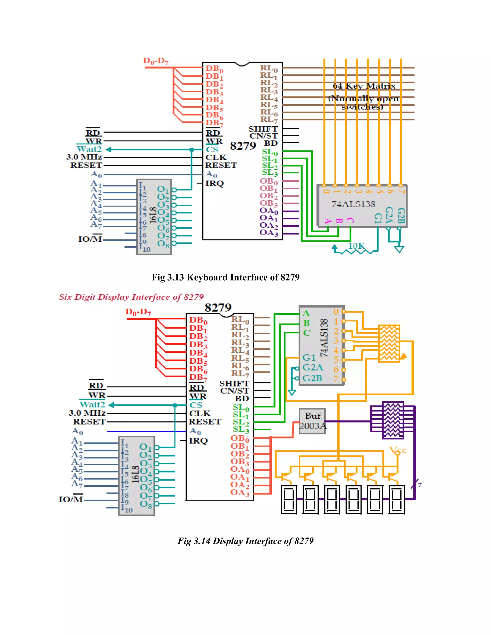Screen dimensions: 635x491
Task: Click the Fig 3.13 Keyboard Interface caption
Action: click(x=225, y=277)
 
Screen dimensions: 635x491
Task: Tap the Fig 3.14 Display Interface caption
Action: click(x=245, y=541)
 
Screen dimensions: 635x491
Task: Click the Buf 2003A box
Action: click(x=313, y=421)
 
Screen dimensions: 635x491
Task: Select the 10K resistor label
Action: click(x=356, y=246)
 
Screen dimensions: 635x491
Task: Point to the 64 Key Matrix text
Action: click(x=364, y=86)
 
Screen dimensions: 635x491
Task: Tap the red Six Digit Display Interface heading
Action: click(x=131, y=297)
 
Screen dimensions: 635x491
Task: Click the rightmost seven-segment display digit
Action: click(x=397, y=499)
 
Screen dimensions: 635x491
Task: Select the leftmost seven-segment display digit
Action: click(x=289, y=499)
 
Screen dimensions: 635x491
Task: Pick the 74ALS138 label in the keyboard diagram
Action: click(x=353, y=204)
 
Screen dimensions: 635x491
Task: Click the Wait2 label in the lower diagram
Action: click(x=92, y=404)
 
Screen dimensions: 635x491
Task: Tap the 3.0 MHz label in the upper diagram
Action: click(x=84, y=157)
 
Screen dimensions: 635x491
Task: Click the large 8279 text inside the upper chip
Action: click(x=243, y=146)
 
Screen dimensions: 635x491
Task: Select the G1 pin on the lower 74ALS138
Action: click(x=309, y=357)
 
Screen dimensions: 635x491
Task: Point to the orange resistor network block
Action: click(x=389, y=343)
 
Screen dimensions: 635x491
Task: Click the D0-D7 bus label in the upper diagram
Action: click(x=156, y=61)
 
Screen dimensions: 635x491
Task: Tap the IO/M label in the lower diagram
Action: click(x=71, y=499)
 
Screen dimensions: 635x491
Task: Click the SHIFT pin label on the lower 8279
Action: click(x=234, y=383)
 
